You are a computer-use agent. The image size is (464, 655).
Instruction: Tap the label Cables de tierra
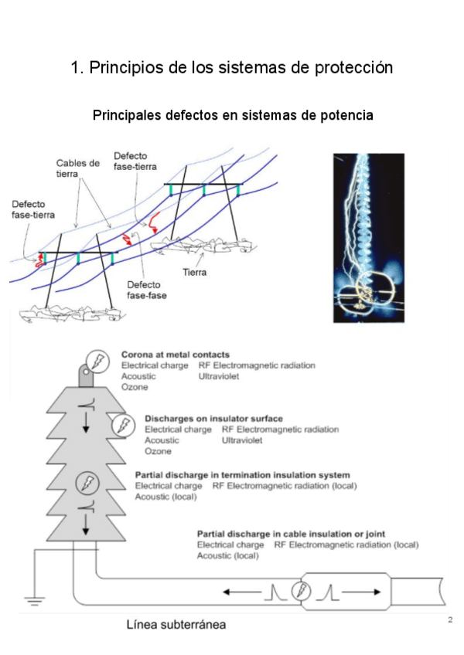coord(78,168)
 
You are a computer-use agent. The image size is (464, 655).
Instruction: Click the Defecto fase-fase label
coord(147,290)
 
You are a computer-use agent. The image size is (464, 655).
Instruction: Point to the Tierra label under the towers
coord(194,272)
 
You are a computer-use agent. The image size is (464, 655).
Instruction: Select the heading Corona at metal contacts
coord(176,355)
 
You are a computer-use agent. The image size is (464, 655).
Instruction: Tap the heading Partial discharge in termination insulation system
coord(243,475)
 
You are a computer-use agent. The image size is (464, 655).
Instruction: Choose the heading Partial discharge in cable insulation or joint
coord(291,534)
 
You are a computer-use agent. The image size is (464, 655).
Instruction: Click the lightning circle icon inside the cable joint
coord(301,592)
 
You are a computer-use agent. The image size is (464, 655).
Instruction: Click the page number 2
coord(449,620)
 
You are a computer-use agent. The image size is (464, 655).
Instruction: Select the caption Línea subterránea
coord(176,624)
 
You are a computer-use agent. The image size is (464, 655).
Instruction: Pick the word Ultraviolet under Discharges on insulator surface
coord(242,440)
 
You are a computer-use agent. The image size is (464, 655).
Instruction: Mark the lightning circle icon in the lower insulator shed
coord(86,484)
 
